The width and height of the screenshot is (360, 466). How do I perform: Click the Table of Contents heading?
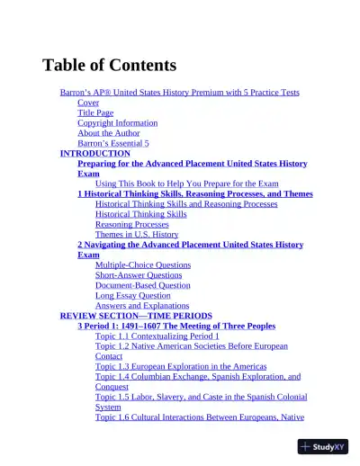point(109,65)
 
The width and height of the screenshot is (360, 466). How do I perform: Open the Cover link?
point(88,103)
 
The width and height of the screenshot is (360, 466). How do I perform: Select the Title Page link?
point(95,112)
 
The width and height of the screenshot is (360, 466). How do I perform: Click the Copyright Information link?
point(117,122)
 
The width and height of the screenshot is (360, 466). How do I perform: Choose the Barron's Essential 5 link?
point(113,143)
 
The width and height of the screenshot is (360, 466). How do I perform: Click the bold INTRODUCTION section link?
point(94,153)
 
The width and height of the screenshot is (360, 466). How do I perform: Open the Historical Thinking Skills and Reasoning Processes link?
point(186,204)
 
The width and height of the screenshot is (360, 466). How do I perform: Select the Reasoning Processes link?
point(131,224)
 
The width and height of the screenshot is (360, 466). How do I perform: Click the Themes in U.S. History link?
point(137,234)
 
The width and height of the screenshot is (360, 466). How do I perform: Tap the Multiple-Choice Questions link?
point(143,265)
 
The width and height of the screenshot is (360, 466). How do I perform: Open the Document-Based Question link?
point(143,285)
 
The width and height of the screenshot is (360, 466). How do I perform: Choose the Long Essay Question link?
point(132,295)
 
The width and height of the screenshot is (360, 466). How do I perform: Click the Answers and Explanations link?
point(142,305)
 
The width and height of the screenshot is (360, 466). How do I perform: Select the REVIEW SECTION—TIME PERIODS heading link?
point(136,316)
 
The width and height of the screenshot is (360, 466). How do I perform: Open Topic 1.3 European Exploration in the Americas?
point(181,366)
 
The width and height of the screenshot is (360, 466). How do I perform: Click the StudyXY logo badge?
point(323,446)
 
